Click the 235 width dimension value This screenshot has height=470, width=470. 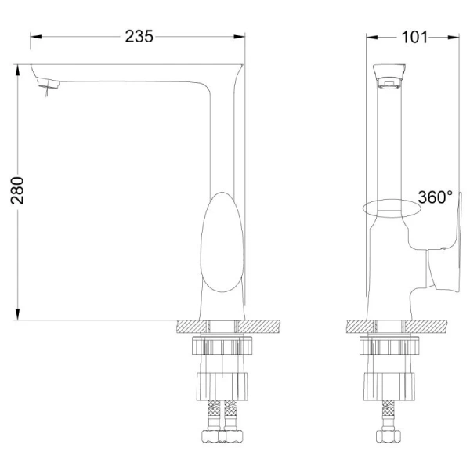[139, 36]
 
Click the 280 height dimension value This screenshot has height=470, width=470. [17, 190]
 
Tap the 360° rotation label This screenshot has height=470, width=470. [435, 197]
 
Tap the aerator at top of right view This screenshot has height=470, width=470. [389, 76]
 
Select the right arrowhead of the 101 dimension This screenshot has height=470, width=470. [454, 36]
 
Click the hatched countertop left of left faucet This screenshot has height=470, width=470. [192, 326]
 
